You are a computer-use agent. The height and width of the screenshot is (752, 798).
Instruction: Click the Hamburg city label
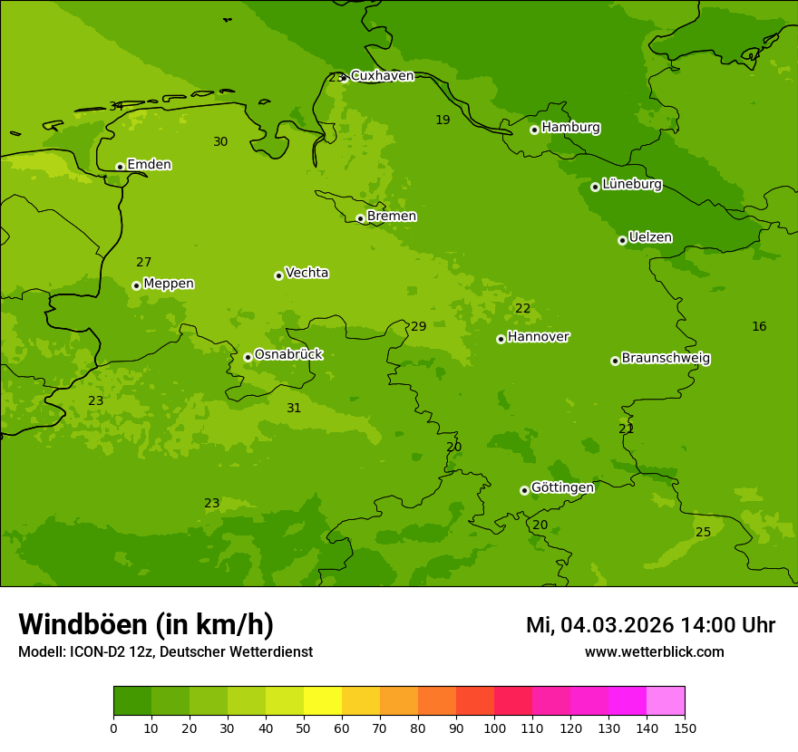[x=570, y=128]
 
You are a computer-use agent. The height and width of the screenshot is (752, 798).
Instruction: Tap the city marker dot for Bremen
[x=360, y=218]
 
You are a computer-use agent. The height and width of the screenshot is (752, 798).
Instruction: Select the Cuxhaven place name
[x=382, y=76]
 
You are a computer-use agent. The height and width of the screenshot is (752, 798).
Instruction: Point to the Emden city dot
[x=120, y=167]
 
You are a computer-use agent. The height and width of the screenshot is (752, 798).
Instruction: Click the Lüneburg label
[x=631, y=185]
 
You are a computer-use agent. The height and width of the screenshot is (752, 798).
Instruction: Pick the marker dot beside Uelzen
[x=622, y=240]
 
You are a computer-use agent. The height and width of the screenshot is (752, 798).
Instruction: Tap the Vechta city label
[x=307, y=273]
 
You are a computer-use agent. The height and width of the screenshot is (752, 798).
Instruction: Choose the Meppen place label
[x=169, y=284]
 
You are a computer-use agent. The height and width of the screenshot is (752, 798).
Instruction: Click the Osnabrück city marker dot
[x=248, y=357]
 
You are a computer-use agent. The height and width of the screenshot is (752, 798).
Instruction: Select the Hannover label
[x=538, y=337]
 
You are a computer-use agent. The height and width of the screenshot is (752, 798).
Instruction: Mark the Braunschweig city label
[x=666, y=359]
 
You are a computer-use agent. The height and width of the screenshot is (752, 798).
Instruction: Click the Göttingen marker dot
[x=524, y=490]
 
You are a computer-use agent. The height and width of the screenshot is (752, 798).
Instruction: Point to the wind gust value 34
[x=116, y=107]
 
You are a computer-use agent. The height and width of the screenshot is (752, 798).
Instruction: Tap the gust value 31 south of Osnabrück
[x=294, y=409]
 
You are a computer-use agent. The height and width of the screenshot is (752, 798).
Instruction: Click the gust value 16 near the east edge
[x=759, y=327]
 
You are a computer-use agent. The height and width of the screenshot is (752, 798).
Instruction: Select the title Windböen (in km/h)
[x=146, y=624]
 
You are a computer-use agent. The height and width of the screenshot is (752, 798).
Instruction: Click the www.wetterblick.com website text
[x=654, y=651]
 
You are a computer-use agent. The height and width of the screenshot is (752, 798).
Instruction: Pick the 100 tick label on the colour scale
[x=494, y=728]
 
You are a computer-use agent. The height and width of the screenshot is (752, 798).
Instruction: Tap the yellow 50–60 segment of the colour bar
[x=323, y=701]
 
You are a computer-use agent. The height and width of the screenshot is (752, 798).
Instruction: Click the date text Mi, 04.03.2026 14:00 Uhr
[x=650, y=625]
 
